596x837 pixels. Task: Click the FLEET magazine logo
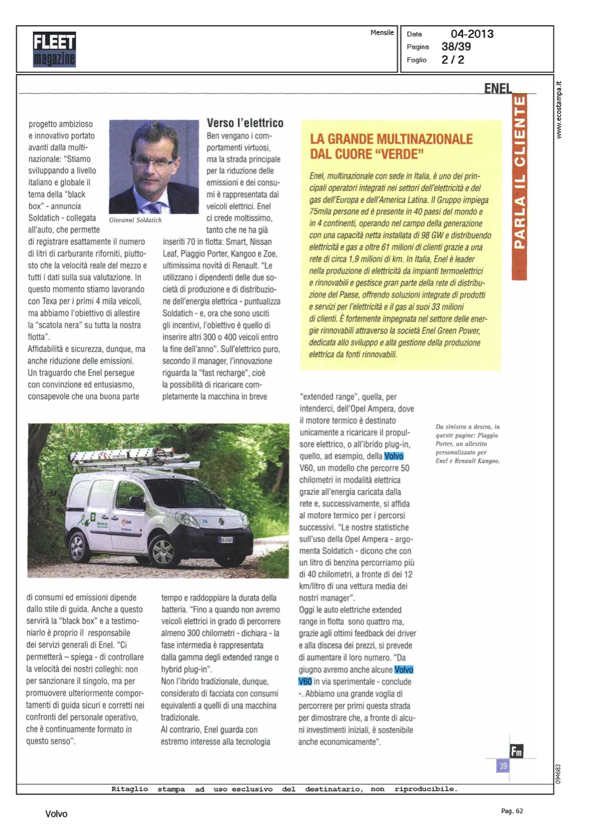click(x=54, y=50)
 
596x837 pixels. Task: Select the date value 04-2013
click(x=472, y=34)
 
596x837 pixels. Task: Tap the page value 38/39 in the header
click(x=456, y=47)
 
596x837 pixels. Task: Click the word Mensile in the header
click(x=382, y=33)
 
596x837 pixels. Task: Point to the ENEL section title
click(x=498, y=88)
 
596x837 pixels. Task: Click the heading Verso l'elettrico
click(x=245, y=123)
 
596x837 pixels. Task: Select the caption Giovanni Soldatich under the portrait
click(x=135, y=220)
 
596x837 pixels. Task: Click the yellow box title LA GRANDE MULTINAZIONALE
click(x=391, y=139)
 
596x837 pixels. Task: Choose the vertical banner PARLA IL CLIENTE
click(x=519, y=173)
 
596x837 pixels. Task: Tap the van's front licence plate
click(x=226, y=540)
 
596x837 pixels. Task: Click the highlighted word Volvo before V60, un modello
click(x=394, y=456)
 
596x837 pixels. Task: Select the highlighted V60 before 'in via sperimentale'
click(x=305, y=681)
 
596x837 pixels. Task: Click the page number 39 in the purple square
click(x=503, y=766)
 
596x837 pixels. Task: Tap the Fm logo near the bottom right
click(x=516, y=751)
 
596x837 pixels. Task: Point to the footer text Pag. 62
click(x=512, y=811)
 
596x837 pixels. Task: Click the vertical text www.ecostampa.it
click(x=559, y=110)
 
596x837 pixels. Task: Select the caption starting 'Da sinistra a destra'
click(x=467, y=444)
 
